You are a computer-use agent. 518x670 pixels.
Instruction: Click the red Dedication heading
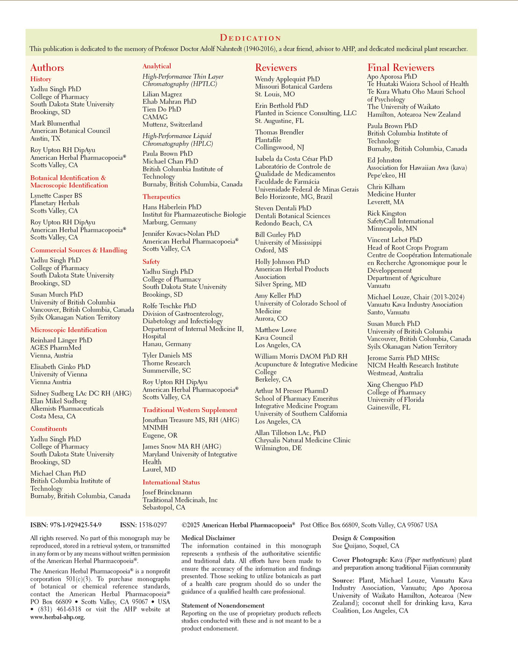(251, 38)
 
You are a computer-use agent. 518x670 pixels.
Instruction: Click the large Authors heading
(47, 68)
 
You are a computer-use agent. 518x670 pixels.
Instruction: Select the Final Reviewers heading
(401, 68)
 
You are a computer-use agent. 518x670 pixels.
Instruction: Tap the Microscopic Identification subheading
(69, 330)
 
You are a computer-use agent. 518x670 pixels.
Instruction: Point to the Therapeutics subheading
(161, 197)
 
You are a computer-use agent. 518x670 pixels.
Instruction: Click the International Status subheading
(171, 482)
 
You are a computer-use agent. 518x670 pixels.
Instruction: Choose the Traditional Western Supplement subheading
(190, 410)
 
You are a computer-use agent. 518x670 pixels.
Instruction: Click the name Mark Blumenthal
(55, 123)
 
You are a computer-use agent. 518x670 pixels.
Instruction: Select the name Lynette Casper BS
(56, 196)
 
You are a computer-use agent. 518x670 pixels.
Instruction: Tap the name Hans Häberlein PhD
(172, 207)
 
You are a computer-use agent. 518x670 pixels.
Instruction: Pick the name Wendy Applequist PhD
(288, 79)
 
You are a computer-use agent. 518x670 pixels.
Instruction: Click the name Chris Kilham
(386, 187)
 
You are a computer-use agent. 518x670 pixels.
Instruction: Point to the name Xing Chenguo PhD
(395, 385)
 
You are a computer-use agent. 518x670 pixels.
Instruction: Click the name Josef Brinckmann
(167, 492)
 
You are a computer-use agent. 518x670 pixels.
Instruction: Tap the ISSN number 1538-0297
(153, 525)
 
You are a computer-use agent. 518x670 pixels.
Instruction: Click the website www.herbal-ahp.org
(58, 617)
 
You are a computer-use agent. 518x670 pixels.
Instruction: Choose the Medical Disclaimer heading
(208, 538)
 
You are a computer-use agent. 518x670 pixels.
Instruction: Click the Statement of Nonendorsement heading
(223, 606)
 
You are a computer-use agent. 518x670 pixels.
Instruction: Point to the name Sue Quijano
(350, 546)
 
